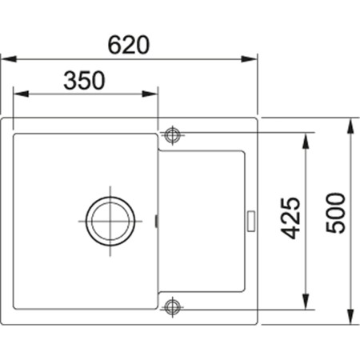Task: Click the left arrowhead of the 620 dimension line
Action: (5, 58)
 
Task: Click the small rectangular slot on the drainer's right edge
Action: (251, 218)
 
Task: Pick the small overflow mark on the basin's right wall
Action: (155, 218)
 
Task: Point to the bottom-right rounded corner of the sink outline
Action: (254, 322)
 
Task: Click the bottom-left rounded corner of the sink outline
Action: (6, 322)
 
